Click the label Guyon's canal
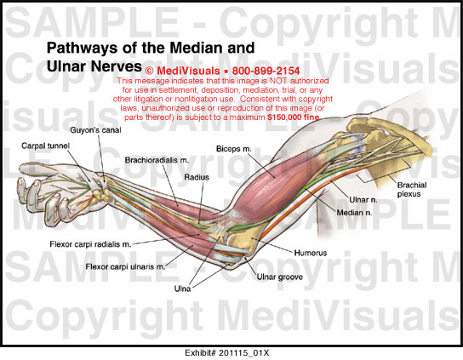pyautogui.click(x=95, y=130)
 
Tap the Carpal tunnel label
pyautogui.click(x=45, y=146)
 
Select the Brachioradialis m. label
pyautogui.click(x=157, y=160)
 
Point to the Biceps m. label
pyautogui.click(x=234, y=149)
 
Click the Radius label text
pyautogui.click(x=197, y=177)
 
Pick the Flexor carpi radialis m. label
pyautogui.click(x=90, y=244)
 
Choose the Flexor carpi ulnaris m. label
pyautogui.click(x=125, y=266)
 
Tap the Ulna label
pyautogui.click(x=182, y=289)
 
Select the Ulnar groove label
pyautogui.click(x=280, y=277)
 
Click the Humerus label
pyautogui.click(x=311, y=253)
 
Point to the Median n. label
pyautogui.click(x=354, y=213)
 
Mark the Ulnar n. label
pyautogui.click(x=363, y=200)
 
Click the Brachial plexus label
pyautogui.click(x=412, y=189)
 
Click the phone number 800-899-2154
pyautogui.click(x=266, y=71)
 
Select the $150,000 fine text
pyautogui.click(x=294, y=117)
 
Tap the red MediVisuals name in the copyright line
pyautogui.click(x=188, y=71)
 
